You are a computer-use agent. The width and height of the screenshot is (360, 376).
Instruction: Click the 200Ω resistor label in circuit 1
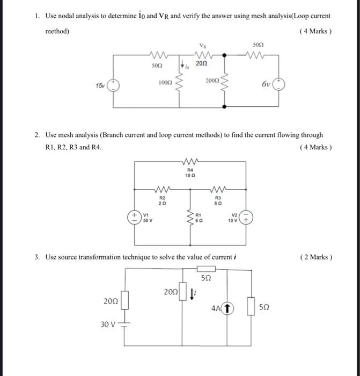tap(212, 80)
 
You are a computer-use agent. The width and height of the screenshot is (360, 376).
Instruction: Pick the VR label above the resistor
tap(202, 46)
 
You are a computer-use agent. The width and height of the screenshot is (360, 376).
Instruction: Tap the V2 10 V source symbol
tap(247, 218)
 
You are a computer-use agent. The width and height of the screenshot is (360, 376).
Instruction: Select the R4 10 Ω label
tap(188, 173)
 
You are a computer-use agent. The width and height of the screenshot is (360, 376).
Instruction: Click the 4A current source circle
tap(229, 308)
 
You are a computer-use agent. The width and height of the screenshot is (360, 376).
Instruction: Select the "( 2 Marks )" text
tap(317, 257)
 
